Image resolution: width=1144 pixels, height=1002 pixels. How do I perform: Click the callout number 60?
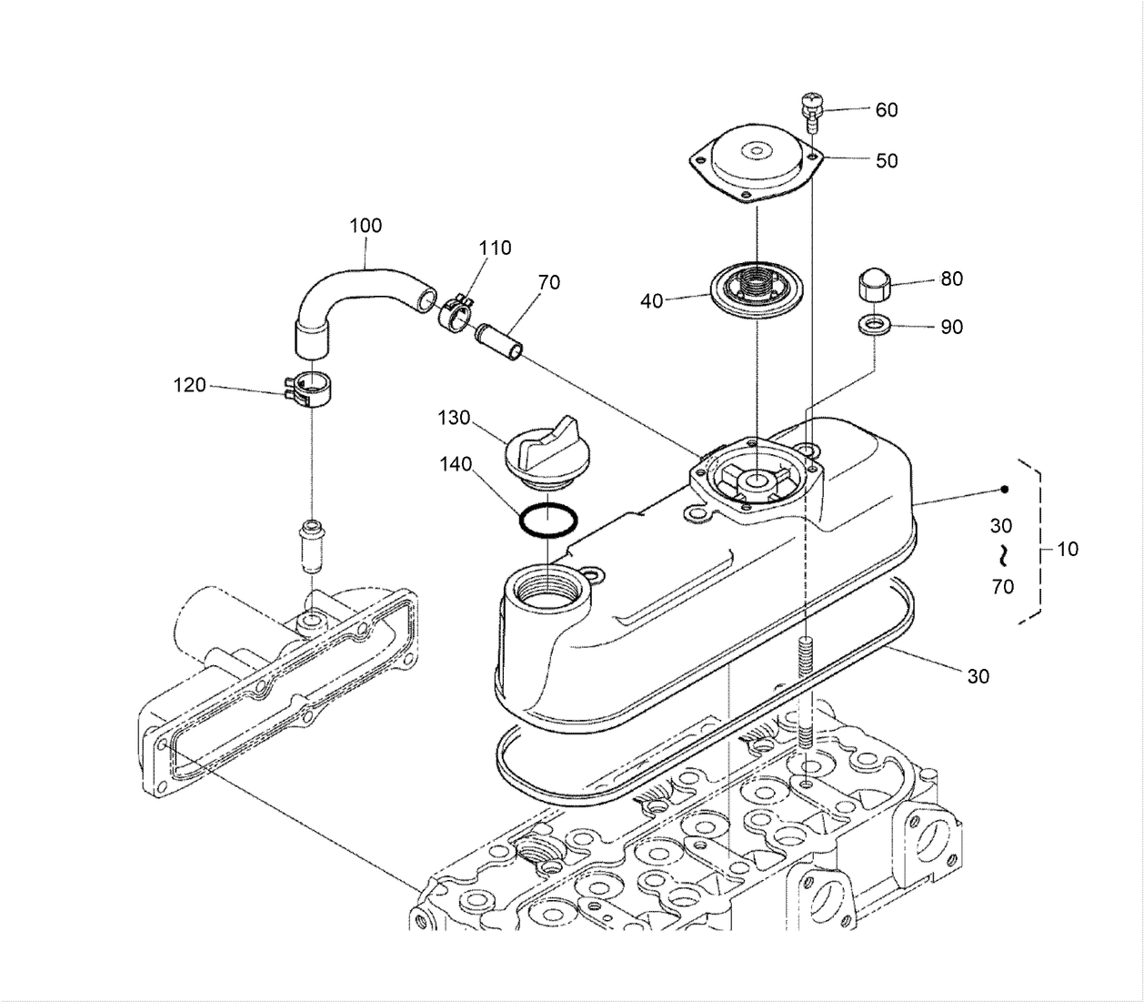[x=887, y=109]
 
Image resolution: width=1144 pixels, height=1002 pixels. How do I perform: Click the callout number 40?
[x=651, y=301]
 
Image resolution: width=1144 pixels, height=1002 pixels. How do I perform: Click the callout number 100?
[x=366, y=226]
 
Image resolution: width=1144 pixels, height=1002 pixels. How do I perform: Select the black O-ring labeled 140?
[x=548, y=520]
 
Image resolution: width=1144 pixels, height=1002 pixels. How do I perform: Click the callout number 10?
[x=1067, y=549]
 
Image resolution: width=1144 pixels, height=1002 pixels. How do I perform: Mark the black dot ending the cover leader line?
[x=1005, y=489]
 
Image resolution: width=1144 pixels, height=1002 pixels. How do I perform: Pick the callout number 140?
[x=456, y=464]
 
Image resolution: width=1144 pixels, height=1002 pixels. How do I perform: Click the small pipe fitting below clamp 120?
[x=311, y=546]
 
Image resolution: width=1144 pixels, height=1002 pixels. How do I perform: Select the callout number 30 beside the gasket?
[x=978, y=676]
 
